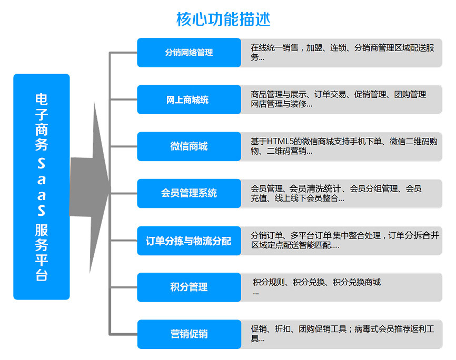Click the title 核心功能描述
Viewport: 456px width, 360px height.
click(x=223, y=19)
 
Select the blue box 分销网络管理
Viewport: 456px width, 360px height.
click(x=189, y=53)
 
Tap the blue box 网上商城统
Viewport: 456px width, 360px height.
click(x=189, y=99)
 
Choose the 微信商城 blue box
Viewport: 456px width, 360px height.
click(x=189, y=146)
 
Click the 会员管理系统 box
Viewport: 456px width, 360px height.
click(x=189, y=193)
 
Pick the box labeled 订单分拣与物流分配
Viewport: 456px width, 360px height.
click(x=189, y=242)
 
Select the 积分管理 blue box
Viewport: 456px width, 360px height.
click(x=189, y=287)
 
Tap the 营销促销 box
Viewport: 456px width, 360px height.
click(x=189, y=334)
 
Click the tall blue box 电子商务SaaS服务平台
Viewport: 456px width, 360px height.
click(x=42, y=187)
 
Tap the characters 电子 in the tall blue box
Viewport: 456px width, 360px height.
click(x=42, y=106)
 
